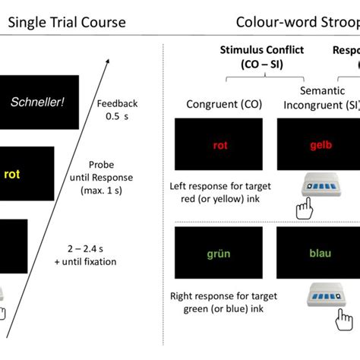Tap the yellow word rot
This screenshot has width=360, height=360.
[x=12, y=174]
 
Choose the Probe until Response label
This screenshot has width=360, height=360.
[x=113, y=177]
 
